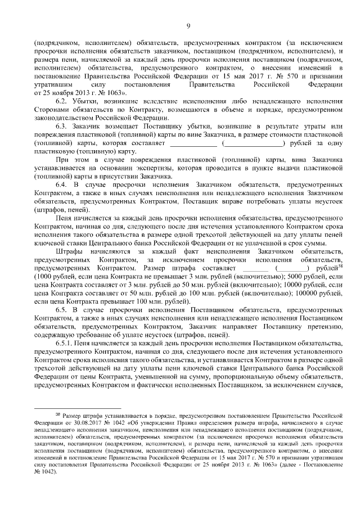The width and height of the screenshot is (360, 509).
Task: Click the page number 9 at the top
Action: [188, 25]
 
